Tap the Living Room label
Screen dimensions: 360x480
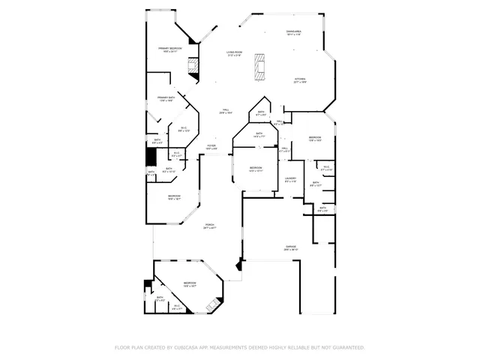(x=235, y=53)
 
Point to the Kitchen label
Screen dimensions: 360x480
(x=299, y=80)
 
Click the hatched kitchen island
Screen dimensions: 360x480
(x=260, y=66)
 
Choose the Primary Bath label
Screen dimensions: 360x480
(x=166, y=99)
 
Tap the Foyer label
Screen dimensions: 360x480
(x=211, y=147)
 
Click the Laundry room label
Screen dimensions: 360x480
(x=290, y=179)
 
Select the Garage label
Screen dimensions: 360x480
(x=290, y=248)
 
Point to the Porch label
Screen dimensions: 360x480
(x=209, y=226)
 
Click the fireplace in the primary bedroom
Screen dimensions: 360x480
(x=194, y=67)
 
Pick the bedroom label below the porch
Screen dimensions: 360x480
(x=190, y=284)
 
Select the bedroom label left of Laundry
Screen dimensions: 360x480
(x=256, y=169)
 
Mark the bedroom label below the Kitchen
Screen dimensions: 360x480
(x=316, y=139)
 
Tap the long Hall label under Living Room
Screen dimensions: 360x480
(x=224, y=112)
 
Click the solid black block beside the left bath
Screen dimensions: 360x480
(x=151, y=157)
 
